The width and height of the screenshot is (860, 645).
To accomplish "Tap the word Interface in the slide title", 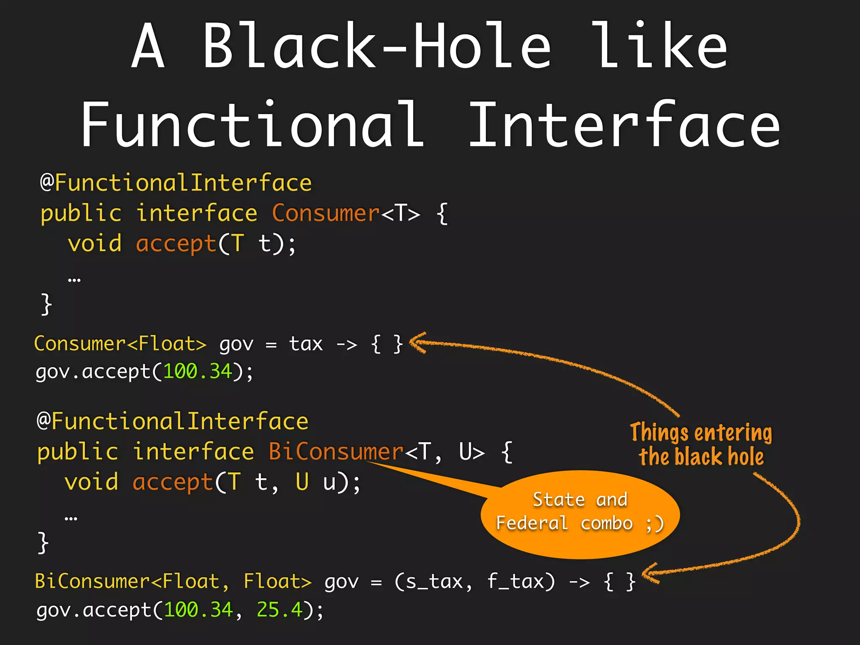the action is [624, 125].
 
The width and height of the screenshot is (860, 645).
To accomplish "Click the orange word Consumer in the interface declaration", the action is [326, 213].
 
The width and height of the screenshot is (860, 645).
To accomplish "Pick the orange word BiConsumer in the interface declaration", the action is [336, 452].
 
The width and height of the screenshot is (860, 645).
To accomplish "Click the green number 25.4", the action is [279, 609].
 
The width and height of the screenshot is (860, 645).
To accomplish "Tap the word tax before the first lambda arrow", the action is [306, 344].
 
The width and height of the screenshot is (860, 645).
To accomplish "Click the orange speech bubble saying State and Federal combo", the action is [580, 513].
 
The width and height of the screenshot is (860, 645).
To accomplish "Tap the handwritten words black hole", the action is [719, 457].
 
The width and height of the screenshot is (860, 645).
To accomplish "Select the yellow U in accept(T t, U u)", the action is [302, 481].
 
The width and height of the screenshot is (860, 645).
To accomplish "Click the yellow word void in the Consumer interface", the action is [95, 244].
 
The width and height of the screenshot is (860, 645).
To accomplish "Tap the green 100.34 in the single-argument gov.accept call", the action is [197, 372].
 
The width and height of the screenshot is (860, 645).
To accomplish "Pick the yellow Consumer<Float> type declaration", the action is [120, 344].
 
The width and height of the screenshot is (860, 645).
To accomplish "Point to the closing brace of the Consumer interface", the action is [46, 304].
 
